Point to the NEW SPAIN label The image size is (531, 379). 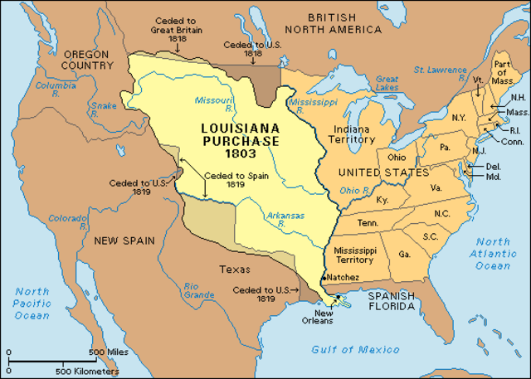click(124, 241)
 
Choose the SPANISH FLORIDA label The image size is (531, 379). click(392, 299)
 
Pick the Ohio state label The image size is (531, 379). click(396, 158)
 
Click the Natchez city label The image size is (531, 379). click(342, 276)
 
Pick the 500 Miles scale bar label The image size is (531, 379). click(107, 352)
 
